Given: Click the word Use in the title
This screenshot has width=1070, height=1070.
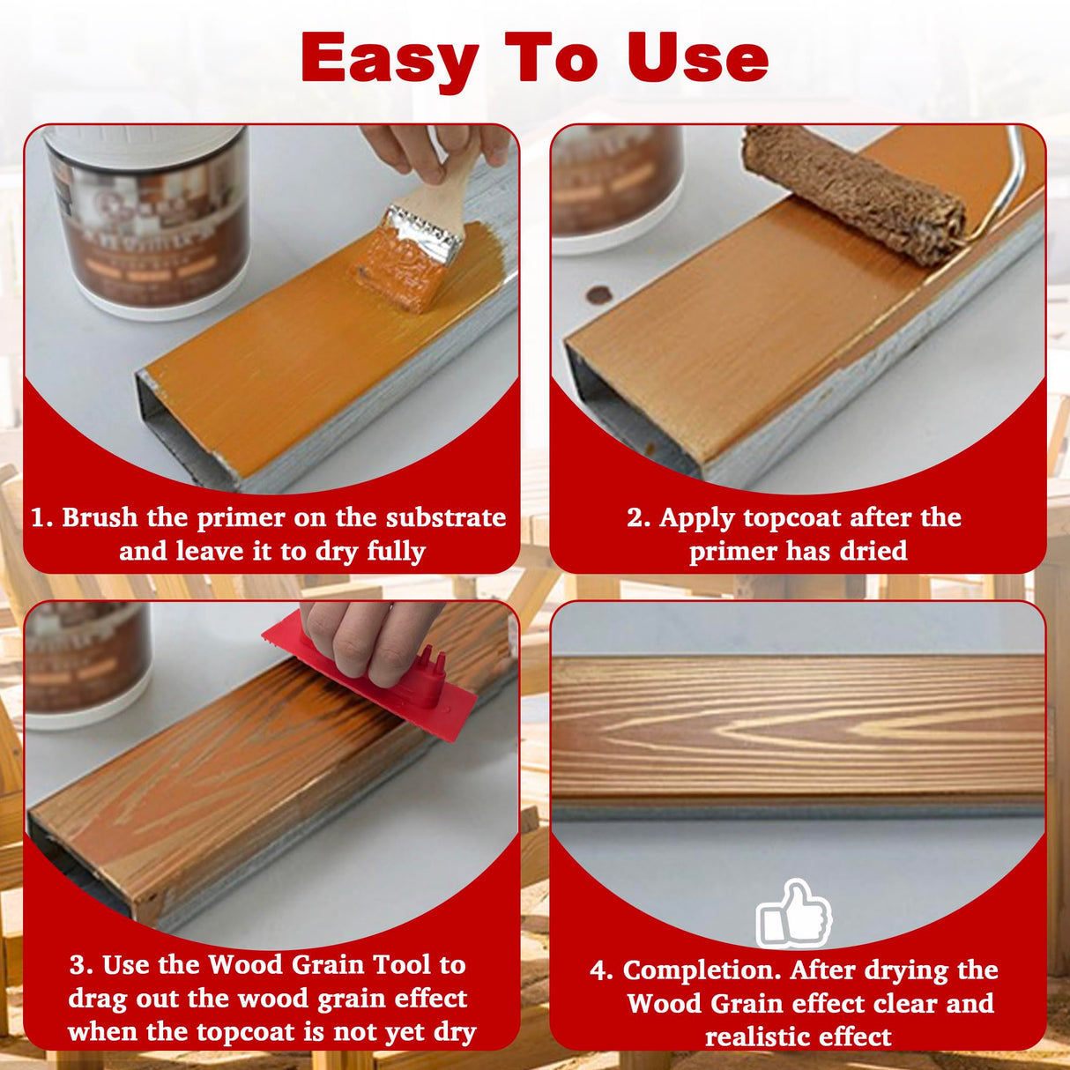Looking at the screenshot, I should click(x=697, y=58).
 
